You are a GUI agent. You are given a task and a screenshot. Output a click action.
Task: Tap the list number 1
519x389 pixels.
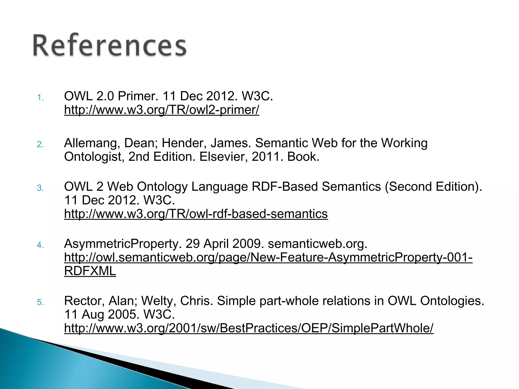coord(40,98)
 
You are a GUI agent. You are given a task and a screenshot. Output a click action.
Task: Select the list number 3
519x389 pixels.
coord(40,188)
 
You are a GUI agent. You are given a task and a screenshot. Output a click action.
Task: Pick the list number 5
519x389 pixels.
coord(40,302)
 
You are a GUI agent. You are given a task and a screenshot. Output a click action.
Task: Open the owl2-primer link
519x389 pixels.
coord(161,110)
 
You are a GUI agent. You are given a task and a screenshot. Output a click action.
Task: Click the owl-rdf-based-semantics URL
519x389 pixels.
coord(196,214)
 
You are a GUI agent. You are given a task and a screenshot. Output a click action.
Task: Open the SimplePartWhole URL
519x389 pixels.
coord(249,328)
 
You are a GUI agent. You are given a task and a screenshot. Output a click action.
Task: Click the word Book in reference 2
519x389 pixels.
coord(303,157)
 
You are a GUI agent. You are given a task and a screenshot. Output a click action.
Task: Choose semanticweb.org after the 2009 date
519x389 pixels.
coord(317,244)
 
